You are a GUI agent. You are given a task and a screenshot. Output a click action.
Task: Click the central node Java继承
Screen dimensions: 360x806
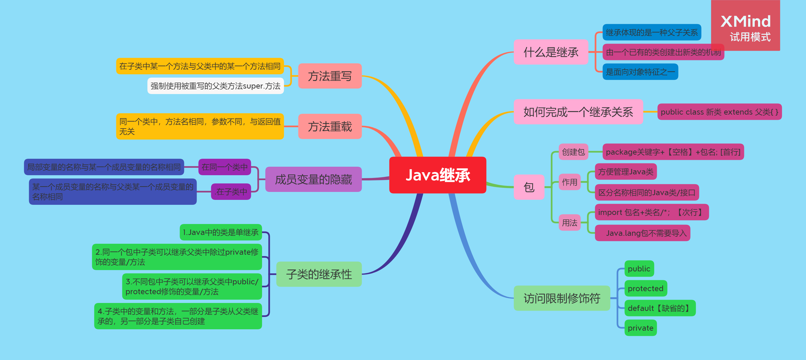point(437,175)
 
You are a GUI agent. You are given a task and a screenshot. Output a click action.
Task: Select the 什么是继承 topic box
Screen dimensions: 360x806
point(551,52)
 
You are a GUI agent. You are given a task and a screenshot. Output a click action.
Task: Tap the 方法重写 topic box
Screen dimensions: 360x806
point(330,76)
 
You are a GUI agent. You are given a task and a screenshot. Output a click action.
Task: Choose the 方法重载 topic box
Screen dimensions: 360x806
point(330,126)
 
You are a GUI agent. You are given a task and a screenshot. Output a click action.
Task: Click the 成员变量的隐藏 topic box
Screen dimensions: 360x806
point(313,179)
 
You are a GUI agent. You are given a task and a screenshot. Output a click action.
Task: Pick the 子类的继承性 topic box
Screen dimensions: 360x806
point(319,274)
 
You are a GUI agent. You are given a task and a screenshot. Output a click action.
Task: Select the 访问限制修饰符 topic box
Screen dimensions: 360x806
point(562,298)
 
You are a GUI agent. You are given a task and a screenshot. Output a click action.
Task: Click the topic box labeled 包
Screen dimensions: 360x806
point(529,187)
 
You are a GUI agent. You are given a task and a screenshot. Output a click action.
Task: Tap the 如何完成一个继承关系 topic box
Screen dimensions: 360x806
point(578,112)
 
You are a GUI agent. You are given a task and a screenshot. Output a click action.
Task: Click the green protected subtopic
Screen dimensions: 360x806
point(646,288)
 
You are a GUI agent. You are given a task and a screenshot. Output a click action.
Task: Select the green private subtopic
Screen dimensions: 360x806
point(640,328)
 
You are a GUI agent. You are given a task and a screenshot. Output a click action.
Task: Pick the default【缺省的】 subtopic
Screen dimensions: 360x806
point(660,308)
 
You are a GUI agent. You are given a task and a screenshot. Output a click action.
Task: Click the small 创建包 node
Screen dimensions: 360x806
point(573,152)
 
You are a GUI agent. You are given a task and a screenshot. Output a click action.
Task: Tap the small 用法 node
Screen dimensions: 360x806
point(569,223)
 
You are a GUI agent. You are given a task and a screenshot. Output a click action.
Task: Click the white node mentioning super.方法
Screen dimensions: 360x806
point(215,86)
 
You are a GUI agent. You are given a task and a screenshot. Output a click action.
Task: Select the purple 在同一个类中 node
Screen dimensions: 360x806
point(224,167)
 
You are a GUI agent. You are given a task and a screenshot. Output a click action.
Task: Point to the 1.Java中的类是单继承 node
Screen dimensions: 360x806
point(220,232)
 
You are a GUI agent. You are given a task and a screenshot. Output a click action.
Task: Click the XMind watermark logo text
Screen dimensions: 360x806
point(745,22)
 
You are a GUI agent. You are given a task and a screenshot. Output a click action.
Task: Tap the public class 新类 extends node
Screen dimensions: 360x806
point(719,112)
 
